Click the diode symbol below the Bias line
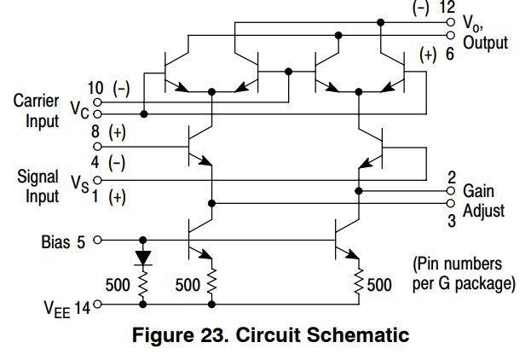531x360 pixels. (x=142, y=255)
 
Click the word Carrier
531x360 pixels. (x=36, y=101)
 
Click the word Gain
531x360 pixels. (x=478, y=191)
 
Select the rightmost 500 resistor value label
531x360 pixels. (x=378, y=284)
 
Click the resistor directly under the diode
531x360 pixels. (x=142, y=282)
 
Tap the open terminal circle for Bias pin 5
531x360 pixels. (x=96, y=240)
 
